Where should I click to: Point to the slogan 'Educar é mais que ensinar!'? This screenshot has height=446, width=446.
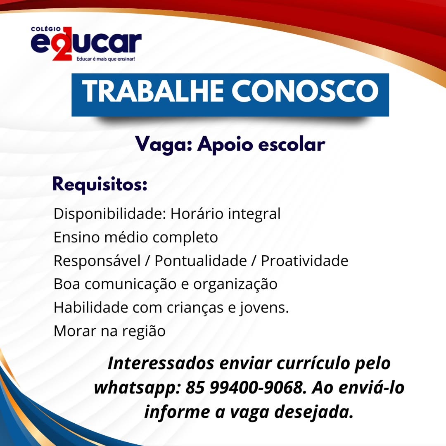[x=106, y=59]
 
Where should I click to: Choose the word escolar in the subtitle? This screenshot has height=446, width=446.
[x=292, y=144]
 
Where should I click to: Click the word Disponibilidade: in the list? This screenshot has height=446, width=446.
[x=110, y=214]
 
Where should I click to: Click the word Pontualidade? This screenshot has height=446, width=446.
[x=201, y=261]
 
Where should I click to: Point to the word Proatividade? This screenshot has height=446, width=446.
[x=305, y=261]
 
